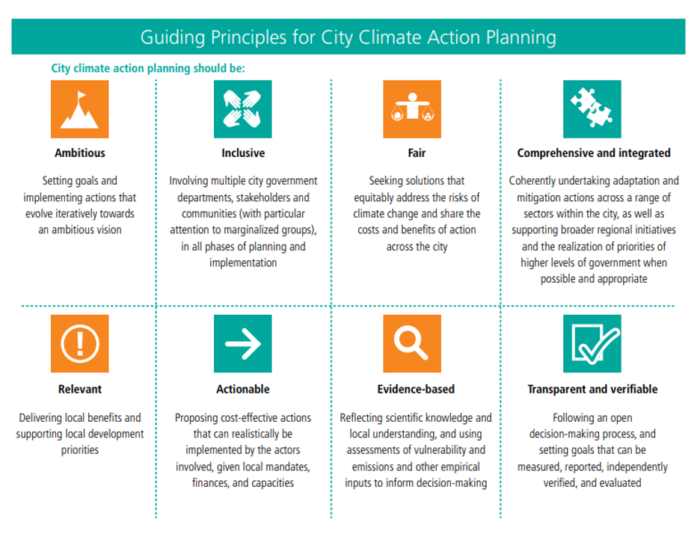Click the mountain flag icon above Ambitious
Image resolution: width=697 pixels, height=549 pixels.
(x=79, y=109)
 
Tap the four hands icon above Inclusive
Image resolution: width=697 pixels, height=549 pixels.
(x=243, y=109)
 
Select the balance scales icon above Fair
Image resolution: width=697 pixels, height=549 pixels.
(x=412, y=109)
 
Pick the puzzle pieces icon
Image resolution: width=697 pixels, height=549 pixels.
(x=592, y=109)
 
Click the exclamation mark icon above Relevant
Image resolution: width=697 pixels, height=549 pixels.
(x=79, y=343)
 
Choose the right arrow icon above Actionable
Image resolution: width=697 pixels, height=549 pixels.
(x=243, y=343)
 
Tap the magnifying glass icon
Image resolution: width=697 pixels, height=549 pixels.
(x=412, y=343)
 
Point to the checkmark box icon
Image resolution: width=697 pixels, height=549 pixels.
(x=592, y=343)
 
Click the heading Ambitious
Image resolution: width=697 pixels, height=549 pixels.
(x=80, y=153)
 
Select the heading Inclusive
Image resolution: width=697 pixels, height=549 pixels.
(x=243, y=153)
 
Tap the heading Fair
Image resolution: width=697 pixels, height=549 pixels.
(x=417, y=153)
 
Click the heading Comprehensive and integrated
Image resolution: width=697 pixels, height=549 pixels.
(x=594, y=153)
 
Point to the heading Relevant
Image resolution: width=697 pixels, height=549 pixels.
(x=80, y=389)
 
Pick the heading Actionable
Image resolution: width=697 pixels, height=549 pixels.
(x=243, y=389)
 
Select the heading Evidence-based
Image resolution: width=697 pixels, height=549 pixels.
(x=416, y=389)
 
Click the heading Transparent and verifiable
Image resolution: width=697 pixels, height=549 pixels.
(x=592, y=389)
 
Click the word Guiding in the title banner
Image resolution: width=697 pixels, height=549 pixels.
(x=173, y=37)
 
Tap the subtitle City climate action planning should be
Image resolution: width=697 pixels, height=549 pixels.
(x=148, y=69)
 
